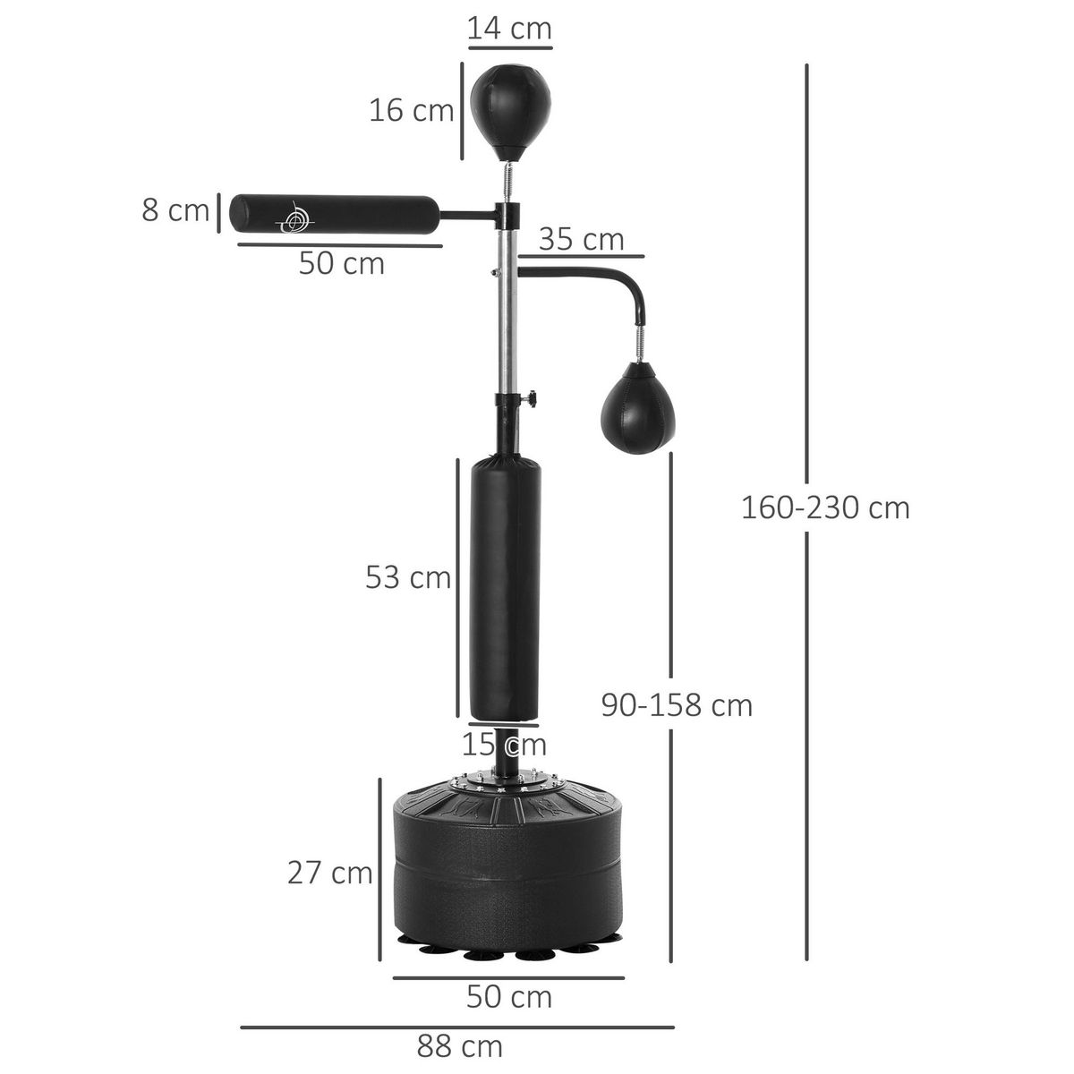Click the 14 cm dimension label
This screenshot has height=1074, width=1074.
[509, 29]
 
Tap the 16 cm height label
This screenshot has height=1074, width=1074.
[412, 111]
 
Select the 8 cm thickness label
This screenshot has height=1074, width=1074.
[175, 211]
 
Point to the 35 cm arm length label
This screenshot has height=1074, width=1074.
[581, 240]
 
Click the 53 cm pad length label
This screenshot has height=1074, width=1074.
[407, 577]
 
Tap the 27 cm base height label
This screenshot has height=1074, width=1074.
[329, 872]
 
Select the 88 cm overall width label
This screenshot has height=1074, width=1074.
[459, 1045]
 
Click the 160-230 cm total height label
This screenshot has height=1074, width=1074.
[824, 507]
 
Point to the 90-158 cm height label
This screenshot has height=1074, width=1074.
[677, 705]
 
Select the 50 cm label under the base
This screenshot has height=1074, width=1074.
[508, 996]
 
